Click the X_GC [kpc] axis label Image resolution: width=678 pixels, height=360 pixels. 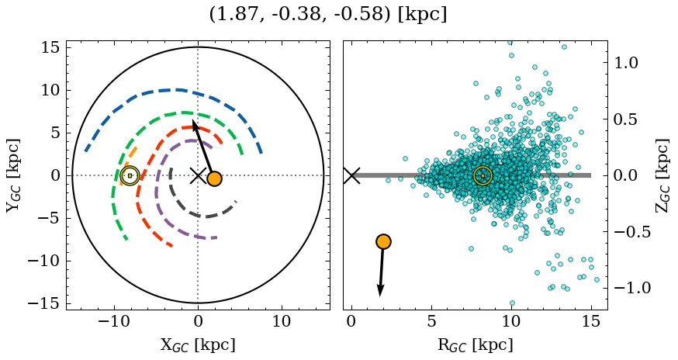point(198,345)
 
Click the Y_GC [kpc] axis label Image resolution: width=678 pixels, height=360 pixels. point(13,175)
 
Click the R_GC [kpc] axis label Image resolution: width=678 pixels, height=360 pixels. point(475,345)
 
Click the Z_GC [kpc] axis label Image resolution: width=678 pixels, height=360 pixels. point(662,175)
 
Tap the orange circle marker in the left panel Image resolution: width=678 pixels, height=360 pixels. point(214,178)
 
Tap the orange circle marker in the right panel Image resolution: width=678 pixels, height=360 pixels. point(382,241)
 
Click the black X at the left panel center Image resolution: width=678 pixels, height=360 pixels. point(198,175)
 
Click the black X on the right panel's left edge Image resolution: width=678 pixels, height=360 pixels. point(351,175)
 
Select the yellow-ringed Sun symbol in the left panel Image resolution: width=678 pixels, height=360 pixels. point(130,175)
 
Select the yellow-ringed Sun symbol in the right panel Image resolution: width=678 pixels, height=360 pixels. point(483,176)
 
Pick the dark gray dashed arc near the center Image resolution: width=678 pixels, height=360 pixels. point(203,216)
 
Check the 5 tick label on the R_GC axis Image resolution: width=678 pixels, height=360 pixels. point(431,321)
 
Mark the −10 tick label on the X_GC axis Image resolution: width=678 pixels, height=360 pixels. point(112,321)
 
